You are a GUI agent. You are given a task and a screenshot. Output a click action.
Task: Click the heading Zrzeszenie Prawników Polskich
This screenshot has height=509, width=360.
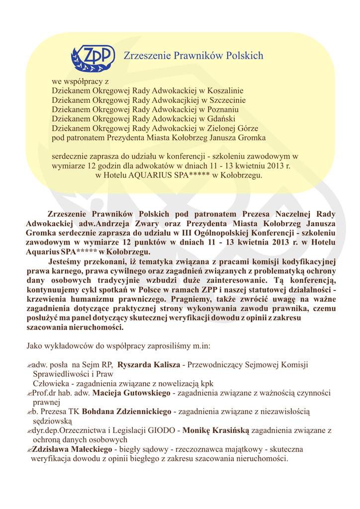[193, 56]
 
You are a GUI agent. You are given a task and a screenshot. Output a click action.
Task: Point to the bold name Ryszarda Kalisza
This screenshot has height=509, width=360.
[149, 365]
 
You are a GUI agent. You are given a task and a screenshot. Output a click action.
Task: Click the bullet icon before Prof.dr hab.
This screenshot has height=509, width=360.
[29, 394]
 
